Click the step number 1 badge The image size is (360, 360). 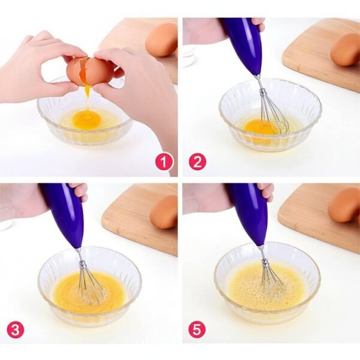(164, 161)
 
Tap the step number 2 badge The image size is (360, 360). (197, 161)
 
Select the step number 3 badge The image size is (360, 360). (16, 329)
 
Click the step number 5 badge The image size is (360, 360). (197, 329)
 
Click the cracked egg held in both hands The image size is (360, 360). (90, 71)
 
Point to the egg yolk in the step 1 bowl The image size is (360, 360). (86, 119)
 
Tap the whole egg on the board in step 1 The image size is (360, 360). (161, 40)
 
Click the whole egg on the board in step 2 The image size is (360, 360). (346, 49)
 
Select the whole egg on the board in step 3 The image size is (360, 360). (164, 212)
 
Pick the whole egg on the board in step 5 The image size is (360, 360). (344, 205)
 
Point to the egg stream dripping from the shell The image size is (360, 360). (88, 96)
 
